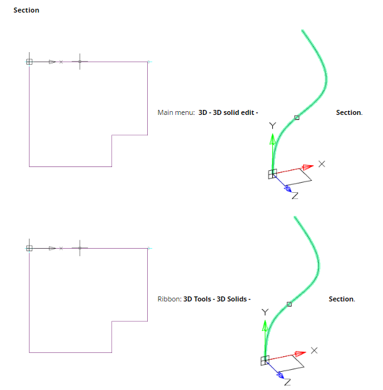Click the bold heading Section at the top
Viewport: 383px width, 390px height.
point(26,10)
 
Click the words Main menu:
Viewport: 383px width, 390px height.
point(176,112)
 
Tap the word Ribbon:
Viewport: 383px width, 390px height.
point(169,299)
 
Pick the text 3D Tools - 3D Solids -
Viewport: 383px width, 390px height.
point(217,299)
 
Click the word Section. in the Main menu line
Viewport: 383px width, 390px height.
point(349,112)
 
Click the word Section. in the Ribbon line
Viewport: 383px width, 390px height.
point(341,299)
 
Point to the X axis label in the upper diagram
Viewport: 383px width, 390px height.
point(321,164)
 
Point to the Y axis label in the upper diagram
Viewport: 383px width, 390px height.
point(272,126)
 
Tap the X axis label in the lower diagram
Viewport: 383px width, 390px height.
point(314,350)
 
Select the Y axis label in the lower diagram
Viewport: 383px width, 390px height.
point(265,312)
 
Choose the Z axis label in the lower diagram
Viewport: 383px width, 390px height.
point(287,382)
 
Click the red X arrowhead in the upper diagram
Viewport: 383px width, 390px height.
point(307,167)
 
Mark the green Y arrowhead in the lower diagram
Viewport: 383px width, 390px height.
point(265,325)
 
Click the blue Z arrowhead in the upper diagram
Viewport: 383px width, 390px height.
point(287,187)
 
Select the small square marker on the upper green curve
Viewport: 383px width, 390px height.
point(297,117)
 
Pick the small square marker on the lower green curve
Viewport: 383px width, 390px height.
point(289,304)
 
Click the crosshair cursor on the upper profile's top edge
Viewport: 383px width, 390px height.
point(80,62)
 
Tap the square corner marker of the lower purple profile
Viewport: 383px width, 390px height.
point(29,248)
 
